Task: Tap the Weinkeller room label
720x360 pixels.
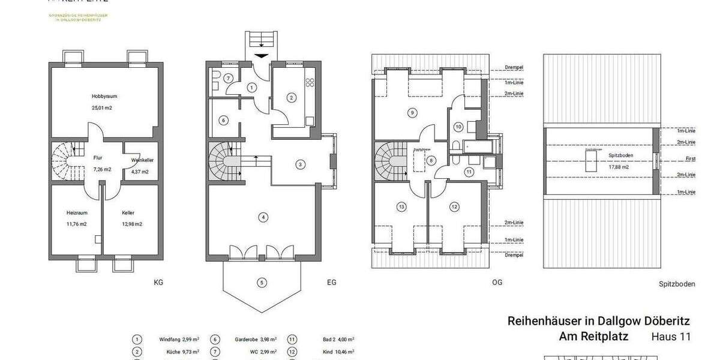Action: pyautogui.click(x=140, y=160)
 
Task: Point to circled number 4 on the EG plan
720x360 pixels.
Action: pyautogui.click(x=262, y=217)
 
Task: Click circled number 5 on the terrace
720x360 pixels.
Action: pyautogui.click(x=262, y=282)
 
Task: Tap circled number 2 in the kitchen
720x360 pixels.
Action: pyautogui.click(x=291, y=97)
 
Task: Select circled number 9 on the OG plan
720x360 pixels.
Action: pyautogui.click(x=412, y=112)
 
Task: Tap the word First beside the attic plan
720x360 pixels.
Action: pyautogui.click(x=690, y=160)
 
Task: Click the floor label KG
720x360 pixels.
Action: pyautogui.click(x=158, y=281)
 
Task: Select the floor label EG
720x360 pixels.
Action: pyautogui.click(x=331, y=281)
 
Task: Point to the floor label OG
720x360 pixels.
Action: pyautogui.click(x=497, y=281)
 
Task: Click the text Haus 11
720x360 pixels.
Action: pyautogui.click(x=671, y=337)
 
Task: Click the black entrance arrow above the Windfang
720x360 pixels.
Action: pyautogui.click(x=262, y=56)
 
